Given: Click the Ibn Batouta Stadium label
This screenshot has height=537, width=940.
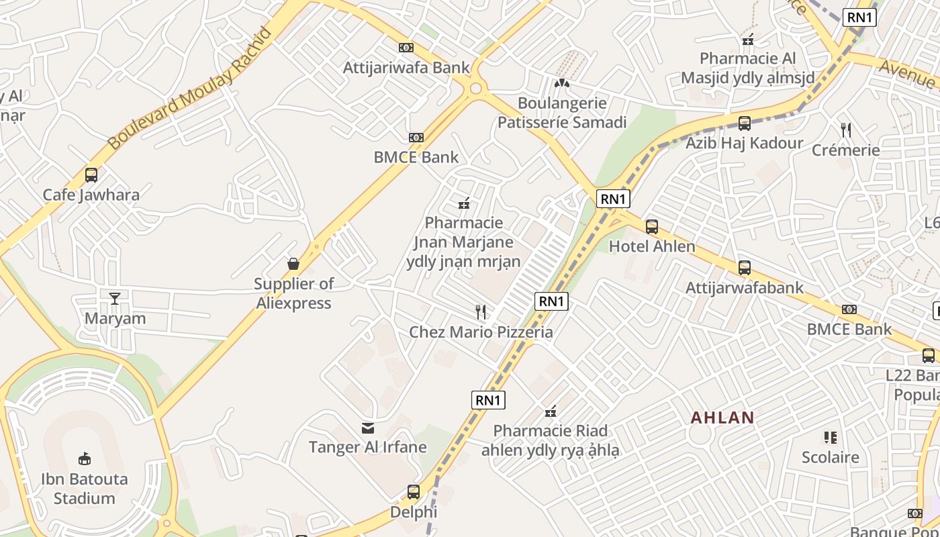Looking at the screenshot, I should click(x=85, y=489).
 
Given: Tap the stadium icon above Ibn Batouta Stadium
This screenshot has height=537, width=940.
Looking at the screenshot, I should click(x=85, y=459).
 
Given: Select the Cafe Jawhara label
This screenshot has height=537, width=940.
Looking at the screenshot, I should click(x=91, y=195).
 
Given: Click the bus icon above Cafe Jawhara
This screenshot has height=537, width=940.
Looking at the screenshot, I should click(x=91, y=175).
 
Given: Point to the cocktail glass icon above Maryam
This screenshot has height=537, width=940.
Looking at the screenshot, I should click(x=115, y=297).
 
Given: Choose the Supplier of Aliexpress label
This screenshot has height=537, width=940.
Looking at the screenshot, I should click(x=293, y=293).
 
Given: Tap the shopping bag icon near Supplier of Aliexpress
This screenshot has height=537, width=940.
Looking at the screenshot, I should click(x=293, y=264).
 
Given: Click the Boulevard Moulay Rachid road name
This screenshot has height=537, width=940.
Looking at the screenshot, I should click(x=190, y=89).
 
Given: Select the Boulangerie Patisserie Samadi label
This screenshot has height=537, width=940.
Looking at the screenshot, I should click(x=562, y=113).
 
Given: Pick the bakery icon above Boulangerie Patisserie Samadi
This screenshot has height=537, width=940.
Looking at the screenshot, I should click(x=562, y=83).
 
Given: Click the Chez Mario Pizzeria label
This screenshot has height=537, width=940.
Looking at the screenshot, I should click(x=481, y=332).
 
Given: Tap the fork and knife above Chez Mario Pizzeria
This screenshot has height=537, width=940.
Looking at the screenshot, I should click(x=481, y=312).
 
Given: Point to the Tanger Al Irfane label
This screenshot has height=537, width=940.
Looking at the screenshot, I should click(x=367, y=447).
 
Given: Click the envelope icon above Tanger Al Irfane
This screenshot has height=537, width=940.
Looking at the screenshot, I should click(x=368, y=428).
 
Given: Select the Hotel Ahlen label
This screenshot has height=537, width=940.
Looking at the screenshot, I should click(x=652, y=246).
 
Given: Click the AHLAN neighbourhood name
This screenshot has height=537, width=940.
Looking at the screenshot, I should click(x=722, y=418).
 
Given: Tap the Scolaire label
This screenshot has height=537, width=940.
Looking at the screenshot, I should click(x=831, y=458).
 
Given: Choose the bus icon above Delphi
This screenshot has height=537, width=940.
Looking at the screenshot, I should click(x=414, y=492).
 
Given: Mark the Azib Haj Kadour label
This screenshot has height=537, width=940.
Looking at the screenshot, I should click(x=744, y=143).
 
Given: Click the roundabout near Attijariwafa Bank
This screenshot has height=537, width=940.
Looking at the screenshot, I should click(x=476, y=88).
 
